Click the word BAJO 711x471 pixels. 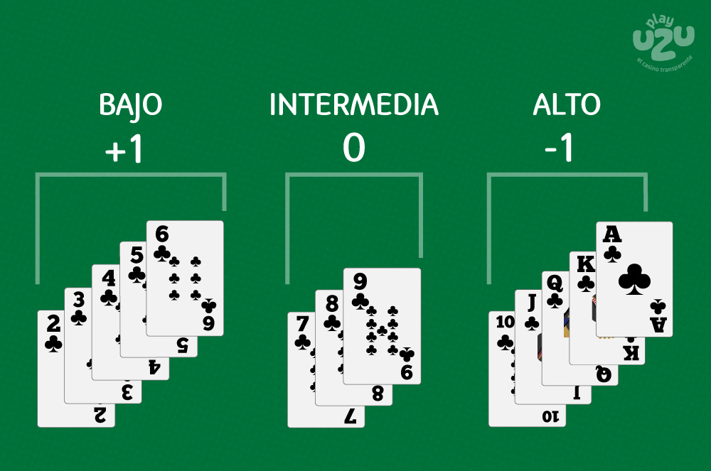pos(130,105)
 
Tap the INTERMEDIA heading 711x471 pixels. pos(353,104)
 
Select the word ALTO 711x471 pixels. pos(567,104)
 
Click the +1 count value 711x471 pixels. pos(124,148)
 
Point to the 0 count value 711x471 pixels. pos(353,148)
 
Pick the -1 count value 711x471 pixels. pos(559,148)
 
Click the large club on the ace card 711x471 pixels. pos(634,279)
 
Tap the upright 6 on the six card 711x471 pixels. pos(162,234)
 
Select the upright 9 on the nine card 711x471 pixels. pos(360,282)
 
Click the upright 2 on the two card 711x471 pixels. pos(53,324)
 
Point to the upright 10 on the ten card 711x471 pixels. pos(505,322)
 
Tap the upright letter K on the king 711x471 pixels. pos(585,264)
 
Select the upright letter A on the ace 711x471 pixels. pos(611,235)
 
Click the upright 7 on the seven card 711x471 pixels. pos(302,324)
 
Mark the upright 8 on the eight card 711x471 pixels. pos(332,304)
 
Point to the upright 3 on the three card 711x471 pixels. pos(79,300)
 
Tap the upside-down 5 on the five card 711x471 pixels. pos(182,345)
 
